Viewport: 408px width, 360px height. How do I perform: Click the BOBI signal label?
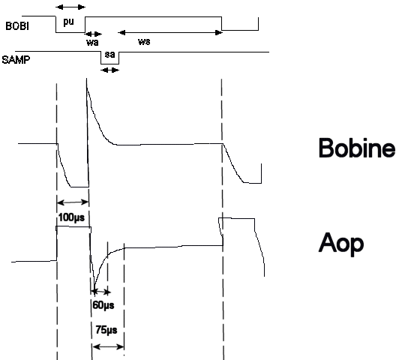(x=17, y=26)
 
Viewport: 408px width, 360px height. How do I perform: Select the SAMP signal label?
(x=16, y=60)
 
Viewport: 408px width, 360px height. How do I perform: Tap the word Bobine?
(x=357, y=148)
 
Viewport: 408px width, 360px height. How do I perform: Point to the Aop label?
(x=340, y=244)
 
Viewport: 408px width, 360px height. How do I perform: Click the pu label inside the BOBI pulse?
(x=68, y=22)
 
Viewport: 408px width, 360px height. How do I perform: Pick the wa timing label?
(x=92, y=42)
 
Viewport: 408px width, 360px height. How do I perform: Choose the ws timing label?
(x=144, y=41)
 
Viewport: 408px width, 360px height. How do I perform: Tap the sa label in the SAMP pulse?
(x=109, y=55)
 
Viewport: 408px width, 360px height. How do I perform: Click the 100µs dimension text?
(x=71, y=217)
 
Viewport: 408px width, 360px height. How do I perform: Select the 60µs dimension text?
(x=103, y=304)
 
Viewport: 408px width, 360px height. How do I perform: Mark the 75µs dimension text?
(x=106, y=330)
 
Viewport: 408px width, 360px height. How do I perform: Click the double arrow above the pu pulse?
(x=70, y=7)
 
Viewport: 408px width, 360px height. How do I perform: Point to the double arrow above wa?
(x=94, y=34)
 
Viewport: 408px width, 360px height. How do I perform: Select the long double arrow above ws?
(x=170, y=32)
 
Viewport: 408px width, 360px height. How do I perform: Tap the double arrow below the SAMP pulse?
(x=109, y=70)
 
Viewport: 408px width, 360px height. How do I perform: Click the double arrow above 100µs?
(x=73, y=202)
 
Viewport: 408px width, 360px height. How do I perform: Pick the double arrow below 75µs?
(x=108, y=346)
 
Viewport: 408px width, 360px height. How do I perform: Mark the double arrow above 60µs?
(x=100, y=292)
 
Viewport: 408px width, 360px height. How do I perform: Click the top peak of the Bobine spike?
(x=87, y=78)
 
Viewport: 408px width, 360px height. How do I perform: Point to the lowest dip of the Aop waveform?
(x=94, y=289)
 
